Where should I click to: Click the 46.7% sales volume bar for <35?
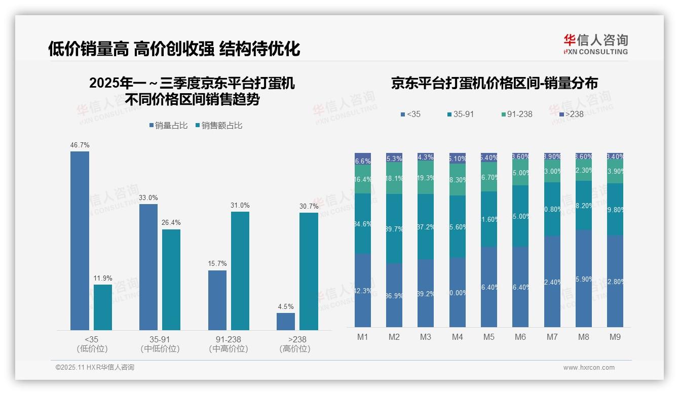pyautogui.click(x=80, y=241)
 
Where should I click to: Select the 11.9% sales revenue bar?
pyautogui.click(x=103, y=307)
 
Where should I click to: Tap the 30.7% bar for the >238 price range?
pyautogui.click(x=309, y=271)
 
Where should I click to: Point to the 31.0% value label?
pyautogui.click(x=240, y=206)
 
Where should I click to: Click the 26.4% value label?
pyautogui.click(x=171, y=223)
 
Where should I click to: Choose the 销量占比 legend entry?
pyautogui.click(x=168, y=126)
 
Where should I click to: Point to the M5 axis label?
pyautogui.click(x=488, y=337)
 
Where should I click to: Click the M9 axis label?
pyautogui.click(x=615, y=337)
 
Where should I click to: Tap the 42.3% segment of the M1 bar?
pyautogui.click(x=363, y=290)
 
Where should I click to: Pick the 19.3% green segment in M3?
pyautogui.click(x=426, y=178)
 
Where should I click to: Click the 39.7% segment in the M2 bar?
pyautogui.click(x=394, y=229)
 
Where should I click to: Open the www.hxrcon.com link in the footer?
pyautogui.click(x=589, y=368)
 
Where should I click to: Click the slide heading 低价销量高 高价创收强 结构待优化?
pyautogui.click(x=174, y=49)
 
